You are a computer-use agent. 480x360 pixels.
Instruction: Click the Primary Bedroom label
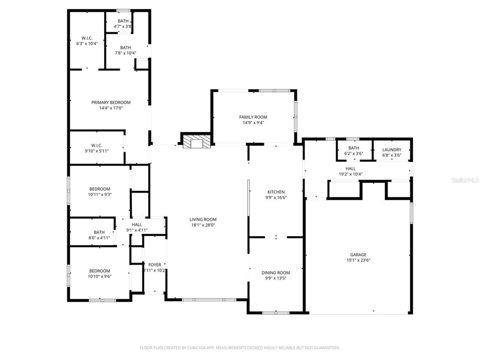pyautogui.click(x=111, y=102)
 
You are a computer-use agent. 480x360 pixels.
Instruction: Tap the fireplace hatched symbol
pyautogui.click(x=197, y=142)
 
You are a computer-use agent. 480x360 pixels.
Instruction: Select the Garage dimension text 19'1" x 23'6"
pyautogui.click(x=358, y=260)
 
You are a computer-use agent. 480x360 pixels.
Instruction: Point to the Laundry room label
pyautogui.click(x=391, y=150)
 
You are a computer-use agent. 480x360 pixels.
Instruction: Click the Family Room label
pyautogui.click(x=253, y=117)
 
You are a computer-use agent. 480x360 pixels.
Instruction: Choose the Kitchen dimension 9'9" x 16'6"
pyautogui.click(x=276, y=197)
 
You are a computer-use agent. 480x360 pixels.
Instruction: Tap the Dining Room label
pyautogui.click(x=276, y=273)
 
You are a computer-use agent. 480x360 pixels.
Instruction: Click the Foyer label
pyautogui.click(x=155, y=265)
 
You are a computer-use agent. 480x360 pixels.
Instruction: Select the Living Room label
pyautogui.click(x=203, y=219)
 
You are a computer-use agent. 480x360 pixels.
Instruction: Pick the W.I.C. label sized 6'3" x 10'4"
pyautogui.click(x=87, y=38)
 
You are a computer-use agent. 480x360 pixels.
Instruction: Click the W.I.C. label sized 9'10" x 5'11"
pyautogui.click(x=97, y=145)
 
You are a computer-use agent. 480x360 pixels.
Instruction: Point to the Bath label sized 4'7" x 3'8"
pyautogui.click(x=123, y=21)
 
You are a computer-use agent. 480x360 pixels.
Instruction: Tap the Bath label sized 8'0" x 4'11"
pyautogui.click(x=99, y=232)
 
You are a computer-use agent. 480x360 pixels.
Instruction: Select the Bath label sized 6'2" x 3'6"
pyautogui.click(x=353, y=148)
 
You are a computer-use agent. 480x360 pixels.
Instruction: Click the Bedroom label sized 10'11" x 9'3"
pyautogui.click(x=100, y=189)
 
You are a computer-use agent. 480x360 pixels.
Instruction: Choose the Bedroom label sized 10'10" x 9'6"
pyautogui.click(x=99, y=271)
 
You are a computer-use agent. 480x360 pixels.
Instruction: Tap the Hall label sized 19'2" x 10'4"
pyautogui.click(x=351, y=169)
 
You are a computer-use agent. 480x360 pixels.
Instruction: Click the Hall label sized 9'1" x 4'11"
pyautogui.click(x=137, y=225)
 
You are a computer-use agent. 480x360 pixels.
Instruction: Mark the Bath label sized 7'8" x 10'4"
pyautogui.click(x=126, y=48)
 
